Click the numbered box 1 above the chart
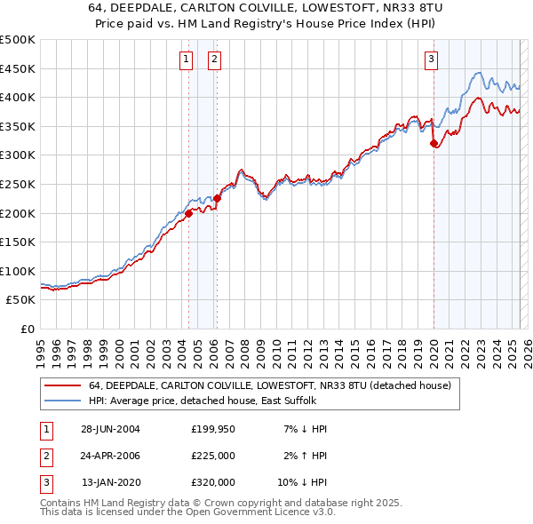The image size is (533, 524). [x=187, y=60]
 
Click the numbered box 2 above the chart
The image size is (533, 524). [x=215, y=60]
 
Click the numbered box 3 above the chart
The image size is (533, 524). [x=431, y=60]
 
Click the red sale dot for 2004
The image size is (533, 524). [x=189, y=213]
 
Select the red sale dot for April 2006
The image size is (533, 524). [x=218, y=198]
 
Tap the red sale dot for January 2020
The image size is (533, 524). [x=434, y=143]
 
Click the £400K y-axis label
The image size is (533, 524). [x=18, y=97]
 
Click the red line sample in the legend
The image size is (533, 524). [x=63, y=385]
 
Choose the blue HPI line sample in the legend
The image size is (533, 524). [x=63, y=401]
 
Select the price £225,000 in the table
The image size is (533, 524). [x=212, y=456]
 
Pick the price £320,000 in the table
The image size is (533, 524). [x=212, y=482]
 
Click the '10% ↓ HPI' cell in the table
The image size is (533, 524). [x=302, y=482]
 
